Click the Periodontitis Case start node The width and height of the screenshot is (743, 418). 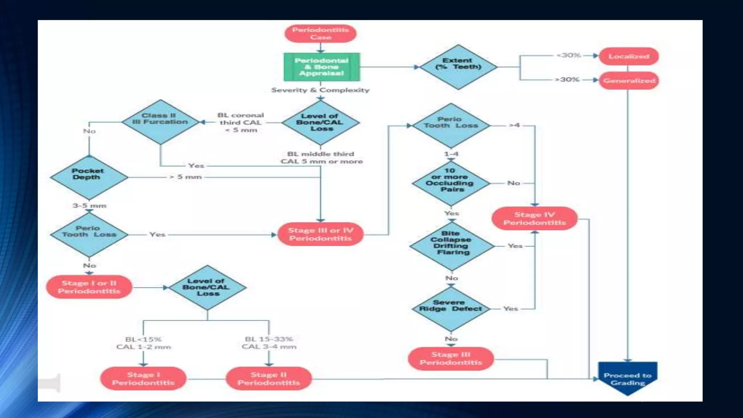[320, 33]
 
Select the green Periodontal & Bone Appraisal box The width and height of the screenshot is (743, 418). [322, 67]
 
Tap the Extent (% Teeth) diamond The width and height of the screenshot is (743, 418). [458, 67]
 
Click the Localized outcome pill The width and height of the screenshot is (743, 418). [628, 56]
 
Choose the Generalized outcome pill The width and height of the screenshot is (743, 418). [629, 81]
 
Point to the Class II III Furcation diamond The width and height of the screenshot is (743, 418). [160, 122]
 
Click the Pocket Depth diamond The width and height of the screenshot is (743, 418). [89, 177]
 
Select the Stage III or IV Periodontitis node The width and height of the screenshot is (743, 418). [320, 234]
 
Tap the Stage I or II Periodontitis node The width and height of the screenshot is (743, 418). [89, 287]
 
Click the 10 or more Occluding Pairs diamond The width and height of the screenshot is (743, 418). [451, 183]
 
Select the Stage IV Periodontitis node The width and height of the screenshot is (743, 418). [534, 218]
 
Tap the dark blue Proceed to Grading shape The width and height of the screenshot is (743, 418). [628, 378]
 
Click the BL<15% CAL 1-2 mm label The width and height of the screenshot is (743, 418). [143, 343]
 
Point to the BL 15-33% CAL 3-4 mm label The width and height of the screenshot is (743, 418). [269, 343]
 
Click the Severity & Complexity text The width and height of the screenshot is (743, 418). [320, 90]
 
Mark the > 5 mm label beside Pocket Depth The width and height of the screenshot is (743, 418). [185, 177]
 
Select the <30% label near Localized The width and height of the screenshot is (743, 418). [568, 55]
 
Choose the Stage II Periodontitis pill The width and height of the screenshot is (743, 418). [269, 378]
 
